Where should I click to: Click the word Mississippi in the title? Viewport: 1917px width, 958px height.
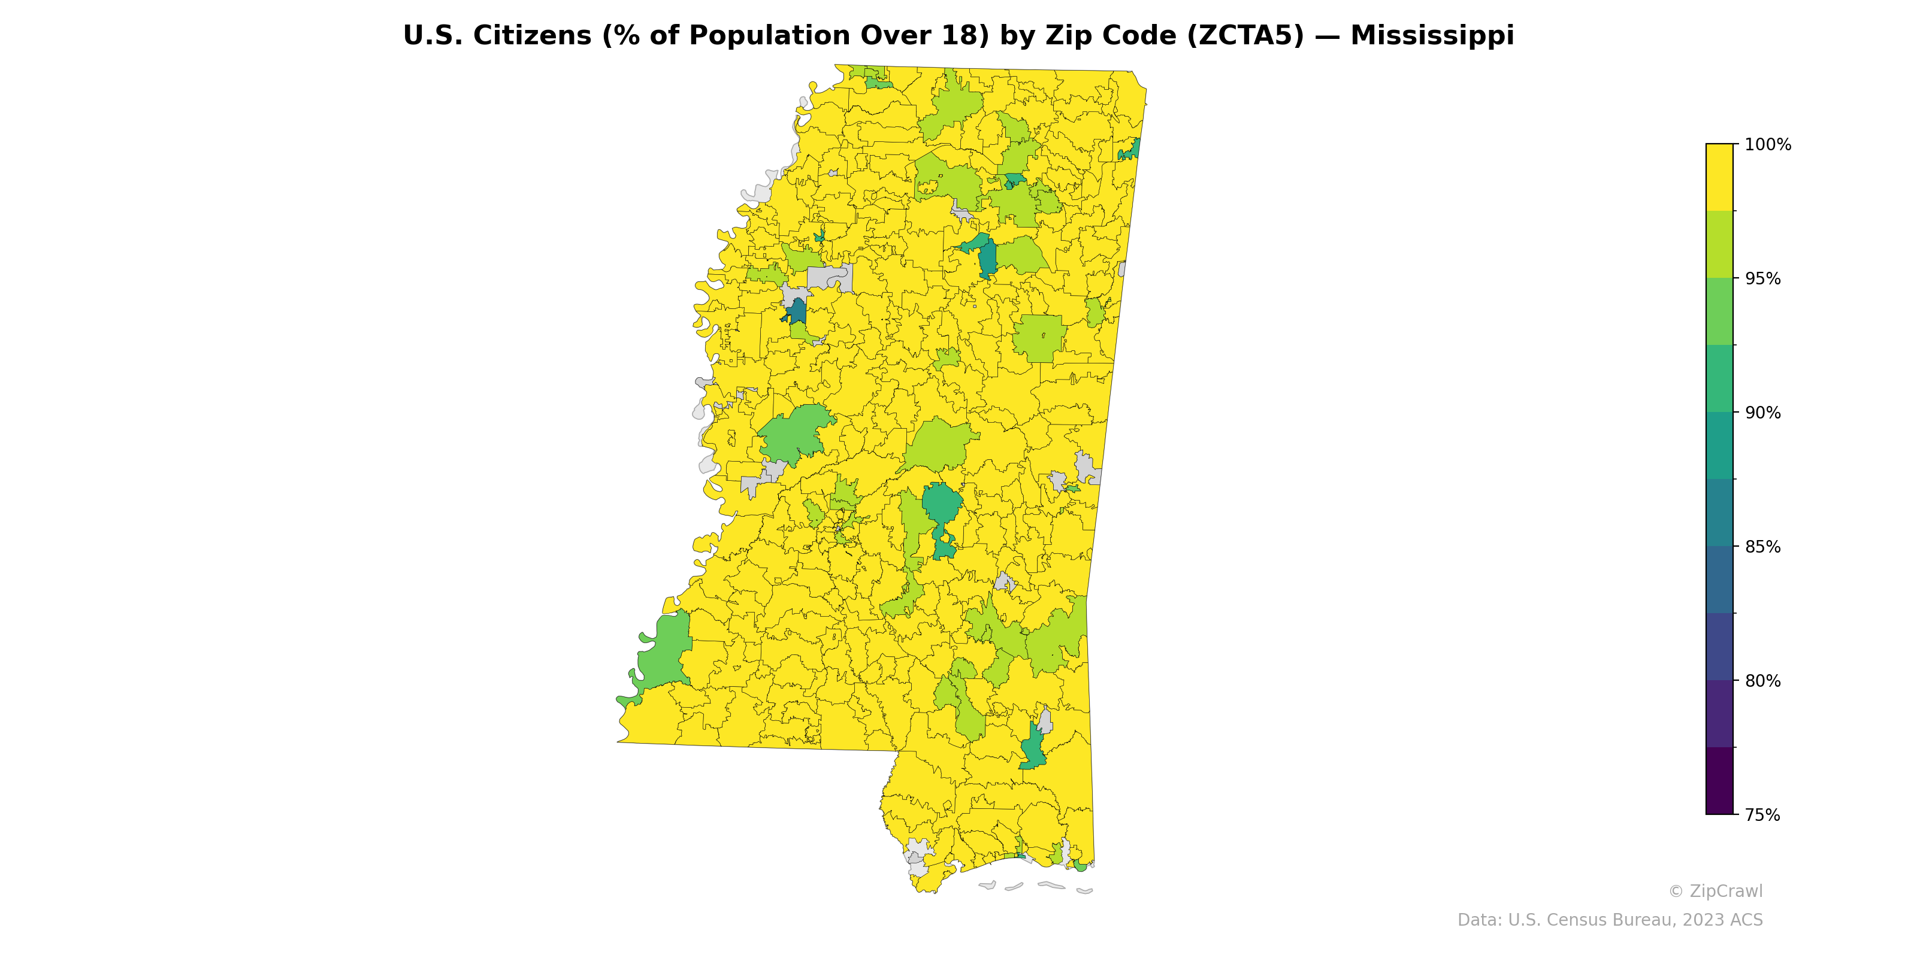click(1432, 36)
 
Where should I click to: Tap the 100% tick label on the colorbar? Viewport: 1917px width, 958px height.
click(1767, 145)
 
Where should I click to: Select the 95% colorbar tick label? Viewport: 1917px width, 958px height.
click(1763, 279)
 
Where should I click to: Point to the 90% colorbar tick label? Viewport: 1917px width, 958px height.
click(1763, 413)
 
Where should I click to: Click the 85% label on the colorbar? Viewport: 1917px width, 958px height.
click(1763, 547)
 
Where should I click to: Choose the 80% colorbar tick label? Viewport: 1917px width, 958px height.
click(1763, 681)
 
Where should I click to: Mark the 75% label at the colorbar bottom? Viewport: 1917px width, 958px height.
click(1763, 815)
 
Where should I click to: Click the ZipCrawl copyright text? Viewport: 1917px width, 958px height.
click(1715, 891)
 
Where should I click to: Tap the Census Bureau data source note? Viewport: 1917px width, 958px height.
click(1609, 920)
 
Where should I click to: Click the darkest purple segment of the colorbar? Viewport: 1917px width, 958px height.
click(1719, 781)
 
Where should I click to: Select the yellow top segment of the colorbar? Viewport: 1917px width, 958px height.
click(1719, 177)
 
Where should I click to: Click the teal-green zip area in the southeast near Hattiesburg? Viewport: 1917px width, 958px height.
click(1033, 747)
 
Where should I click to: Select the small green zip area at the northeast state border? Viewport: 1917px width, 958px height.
click(1130, 151)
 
